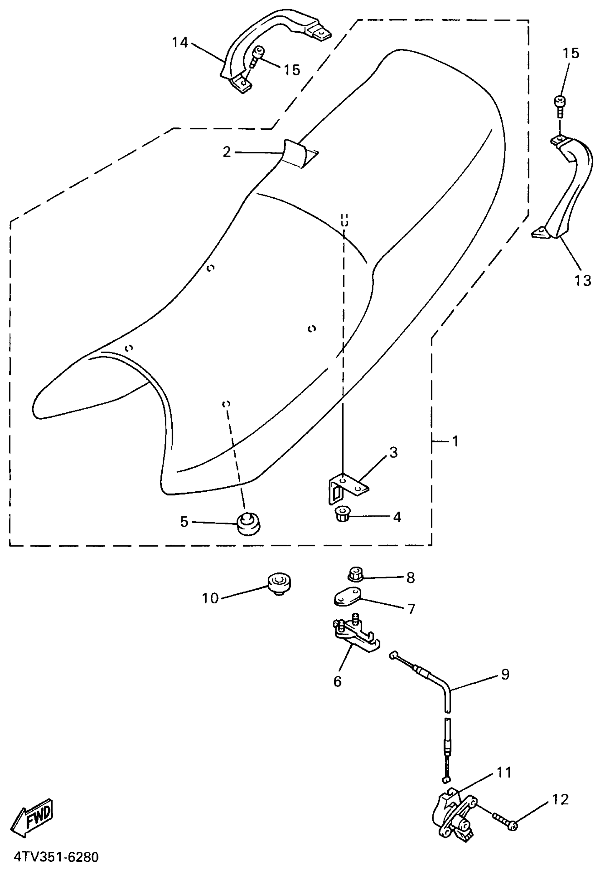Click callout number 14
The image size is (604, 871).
[x=180, y=42]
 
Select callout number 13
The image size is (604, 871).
[x=582, y=280]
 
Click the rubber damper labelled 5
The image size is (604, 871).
[x=249, y=524]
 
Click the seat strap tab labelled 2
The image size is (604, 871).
[x=299, y=153]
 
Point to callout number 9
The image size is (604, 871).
[x=505, y=674]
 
